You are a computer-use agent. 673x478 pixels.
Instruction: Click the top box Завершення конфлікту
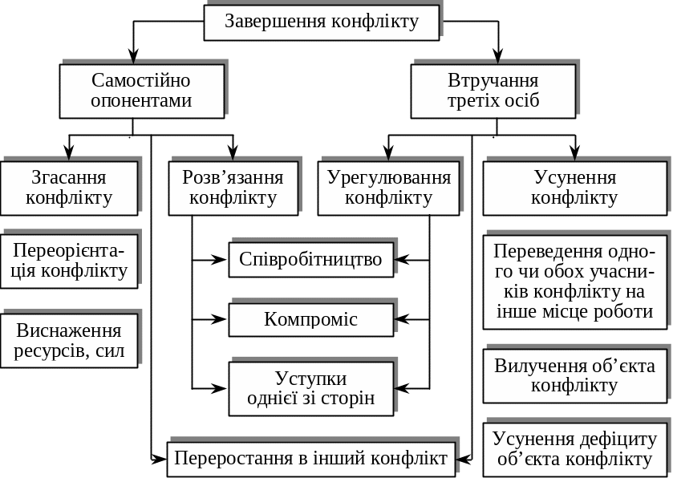(x=322, y=22)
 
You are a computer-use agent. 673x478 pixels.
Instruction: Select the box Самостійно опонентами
(x=141, y=91)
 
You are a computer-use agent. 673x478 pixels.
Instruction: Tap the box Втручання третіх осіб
(x=493, y=91)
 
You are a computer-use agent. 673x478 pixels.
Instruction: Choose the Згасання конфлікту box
(x=69, y=188)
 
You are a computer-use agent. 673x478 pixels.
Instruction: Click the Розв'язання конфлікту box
(x=233, y=188)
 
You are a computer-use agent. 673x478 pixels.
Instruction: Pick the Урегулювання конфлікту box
(x=389, y=188)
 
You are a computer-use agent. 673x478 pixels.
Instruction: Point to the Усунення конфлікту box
(x=574, y=188)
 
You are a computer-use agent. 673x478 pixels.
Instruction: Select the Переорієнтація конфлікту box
(x=69, y=260)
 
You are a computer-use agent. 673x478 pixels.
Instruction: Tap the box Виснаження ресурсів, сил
(x=69, y=341)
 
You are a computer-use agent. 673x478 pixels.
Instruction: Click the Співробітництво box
(x=311, y=259)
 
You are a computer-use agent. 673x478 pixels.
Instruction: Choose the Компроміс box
(x=311, y=319)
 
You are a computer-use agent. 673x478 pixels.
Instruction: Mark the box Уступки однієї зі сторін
(x=311, y=388)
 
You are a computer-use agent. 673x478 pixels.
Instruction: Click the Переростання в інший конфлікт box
(x=311, y=459)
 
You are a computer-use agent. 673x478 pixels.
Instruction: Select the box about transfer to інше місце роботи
(x=574, y=281)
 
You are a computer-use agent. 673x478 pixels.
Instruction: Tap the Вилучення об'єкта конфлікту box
(x=574, y=375)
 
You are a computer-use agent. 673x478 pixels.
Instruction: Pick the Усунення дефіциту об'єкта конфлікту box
(x=574, y=449)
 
